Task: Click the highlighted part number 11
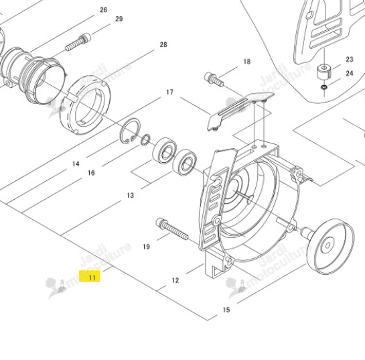pyautogui.click(x=92, y=278)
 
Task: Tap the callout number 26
pyautogui.click(x=104, y=10)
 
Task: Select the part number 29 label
pyautogui.click(x=119, y=19)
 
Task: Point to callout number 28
pyautogui.click(x=163, y=44)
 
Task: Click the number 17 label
pyautogui.click(x=169, y=93)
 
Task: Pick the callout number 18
pyautogui.click(x=247, y=62)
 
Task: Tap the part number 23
pyautogui.click(x=350, y=60)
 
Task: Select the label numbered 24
pyautogui.click(x=350, y=73)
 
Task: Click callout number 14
pyautogui.click(x=76, y=164)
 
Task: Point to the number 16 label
pyautogui.click(x=91, y=173)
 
